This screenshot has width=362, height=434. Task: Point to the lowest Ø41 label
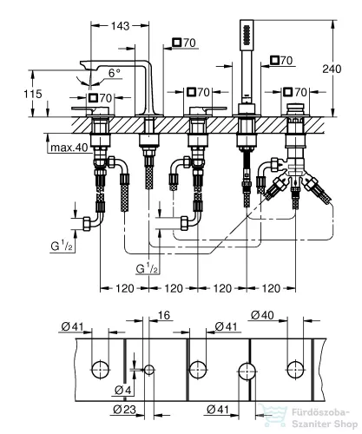click(x=218, y=408)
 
